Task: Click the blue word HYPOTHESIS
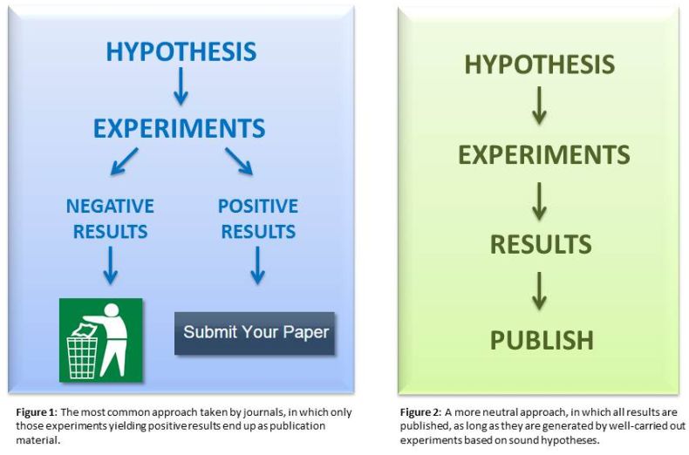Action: (181, 51)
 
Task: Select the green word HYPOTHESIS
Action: (540, 65)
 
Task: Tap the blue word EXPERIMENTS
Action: (180, 128)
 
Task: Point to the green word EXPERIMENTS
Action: (544, 154)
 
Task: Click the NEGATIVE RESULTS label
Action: (110, 219)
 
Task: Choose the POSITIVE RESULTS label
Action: (258, 219)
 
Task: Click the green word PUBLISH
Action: (542, 340)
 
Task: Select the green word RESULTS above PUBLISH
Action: (541, 244)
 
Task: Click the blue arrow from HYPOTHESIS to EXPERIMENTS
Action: (181, 86)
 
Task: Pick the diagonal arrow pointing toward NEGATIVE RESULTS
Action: (125, 161)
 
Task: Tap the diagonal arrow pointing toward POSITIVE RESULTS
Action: (239, 161)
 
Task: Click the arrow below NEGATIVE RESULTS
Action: (110, 265)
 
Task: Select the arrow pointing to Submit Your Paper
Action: (257, 265)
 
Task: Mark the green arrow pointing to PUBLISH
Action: (539, 291)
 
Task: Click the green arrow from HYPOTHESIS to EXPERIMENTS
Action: (539, 105)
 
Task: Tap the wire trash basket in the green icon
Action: (82, 357)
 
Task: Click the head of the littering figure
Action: (112, 309)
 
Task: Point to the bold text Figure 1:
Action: (37, 412)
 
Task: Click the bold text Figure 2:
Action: (420, 412)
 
